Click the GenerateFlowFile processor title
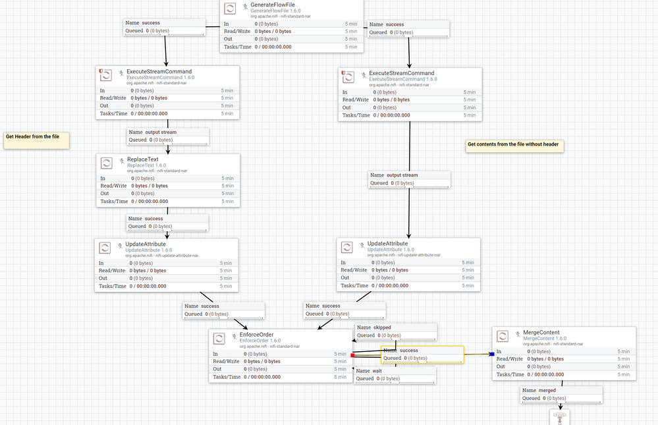click(273, 5)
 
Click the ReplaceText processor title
click(142, 159)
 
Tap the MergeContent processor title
click(541, 333)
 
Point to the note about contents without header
click(514, 145)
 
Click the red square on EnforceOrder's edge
click(352, 355)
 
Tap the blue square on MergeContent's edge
click(492, 354)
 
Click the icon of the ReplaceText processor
click(106, 163)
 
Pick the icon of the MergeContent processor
click(503, 336)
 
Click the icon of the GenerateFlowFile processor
click(230, 9)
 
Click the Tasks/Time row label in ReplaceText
click(114, 201)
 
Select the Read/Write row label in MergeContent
click(510, 358)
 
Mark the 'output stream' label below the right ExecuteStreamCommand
click(402, 175)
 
